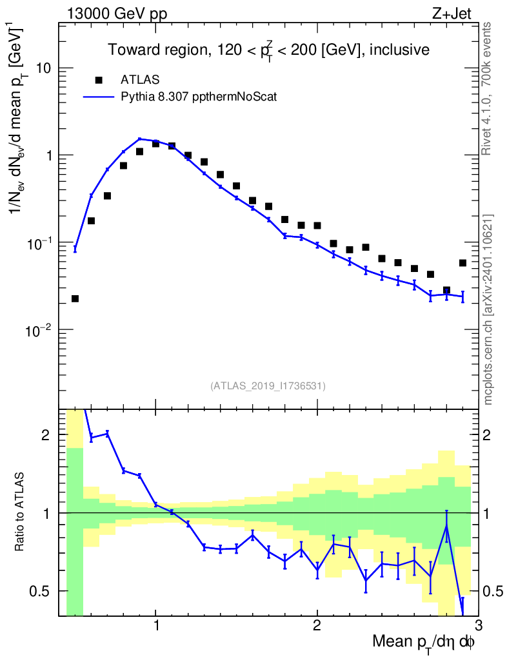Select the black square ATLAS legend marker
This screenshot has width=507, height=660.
(99, 80)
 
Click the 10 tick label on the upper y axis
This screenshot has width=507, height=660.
(44, 69)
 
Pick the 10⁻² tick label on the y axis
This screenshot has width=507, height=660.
(39, 329)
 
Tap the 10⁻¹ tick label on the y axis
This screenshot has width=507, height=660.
(39, 242)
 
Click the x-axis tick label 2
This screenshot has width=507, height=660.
(317, 626)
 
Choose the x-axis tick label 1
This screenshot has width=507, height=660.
(156, 626)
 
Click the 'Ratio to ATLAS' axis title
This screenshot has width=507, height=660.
(21, 512)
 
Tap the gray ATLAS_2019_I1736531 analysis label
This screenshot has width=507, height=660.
(268, 386)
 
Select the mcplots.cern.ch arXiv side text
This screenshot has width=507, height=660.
(488, 309)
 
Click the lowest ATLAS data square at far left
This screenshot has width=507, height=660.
(75, 298)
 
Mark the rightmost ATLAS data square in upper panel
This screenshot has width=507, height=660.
(462, 263)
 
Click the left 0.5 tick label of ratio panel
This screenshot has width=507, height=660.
(44, 591)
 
